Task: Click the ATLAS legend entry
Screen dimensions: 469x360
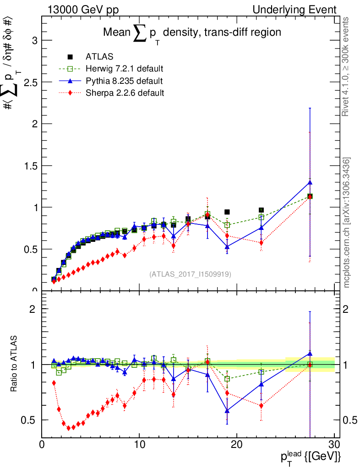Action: (x=100, y=57)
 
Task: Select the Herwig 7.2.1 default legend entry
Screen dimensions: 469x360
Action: (x=124, y=69)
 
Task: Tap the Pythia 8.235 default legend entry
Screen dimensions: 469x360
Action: (x=124, y=81)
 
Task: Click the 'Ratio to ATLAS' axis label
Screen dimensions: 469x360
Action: (x=14, y=364)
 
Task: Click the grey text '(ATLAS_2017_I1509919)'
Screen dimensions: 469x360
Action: (x=190, y=274)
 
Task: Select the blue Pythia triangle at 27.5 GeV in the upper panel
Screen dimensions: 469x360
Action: (x=310, y=182)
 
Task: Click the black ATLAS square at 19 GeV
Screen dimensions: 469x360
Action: (x=227, y=212)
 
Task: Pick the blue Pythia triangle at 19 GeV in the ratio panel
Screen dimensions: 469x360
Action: (x=227, y=410)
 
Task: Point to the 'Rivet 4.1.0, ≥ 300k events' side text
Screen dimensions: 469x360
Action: (x=347, y=67)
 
